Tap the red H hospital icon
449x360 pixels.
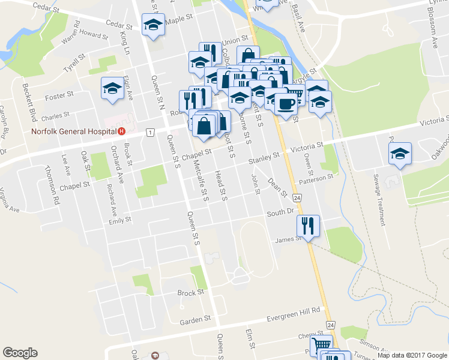pyautogui.click(x=121, y=131)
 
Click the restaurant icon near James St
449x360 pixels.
pyautogui.click(x=308, y=226)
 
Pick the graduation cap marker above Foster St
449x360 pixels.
pyautogui.click(x=112, y=88)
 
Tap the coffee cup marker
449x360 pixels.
pyautogui.click(x=286, y=103)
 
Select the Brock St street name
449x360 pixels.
pyautogui.click(x=191, y=293)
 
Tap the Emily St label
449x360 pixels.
pyautogui.click(x=119, y=220)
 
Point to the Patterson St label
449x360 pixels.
pyautogui.click(x=318, y=178)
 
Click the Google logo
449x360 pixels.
pyautogui.click(x=20, y=353)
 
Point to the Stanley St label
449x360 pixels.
pyautogui.click(x=265, y=158)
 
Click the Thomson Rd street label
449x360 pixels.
pyautogui.click(x=52, y=186)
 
